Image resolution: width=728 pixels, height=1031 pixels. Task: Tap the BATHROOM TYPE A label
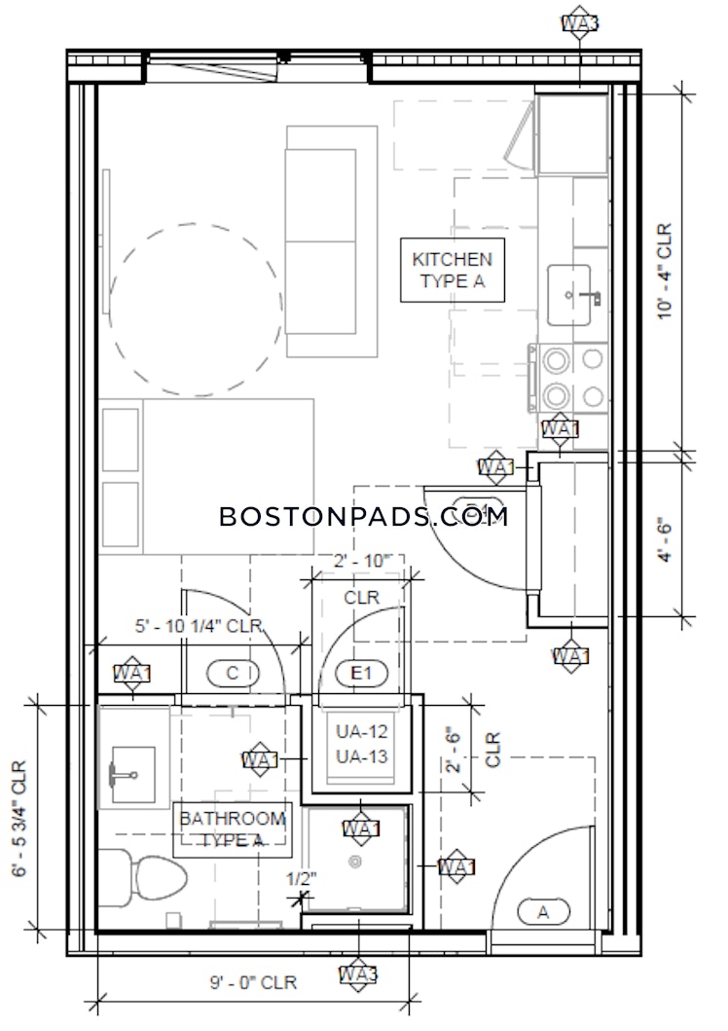click(x=232, y=829)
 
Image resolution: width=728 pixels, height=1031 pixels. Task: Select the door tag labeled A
click(x=542, y=912)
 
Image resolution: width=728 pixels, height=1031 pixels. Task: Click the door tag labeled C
click(x=233, y=672)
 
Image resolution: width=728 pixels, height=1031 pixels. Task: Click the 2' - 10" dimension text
click(x=361, y=561)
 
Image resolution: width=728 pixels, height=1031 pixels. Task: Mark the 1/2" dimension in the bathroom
click(x=301, y=878)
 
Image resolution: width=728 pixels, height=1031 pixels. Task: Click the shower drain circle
click(x=356, y=861)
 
